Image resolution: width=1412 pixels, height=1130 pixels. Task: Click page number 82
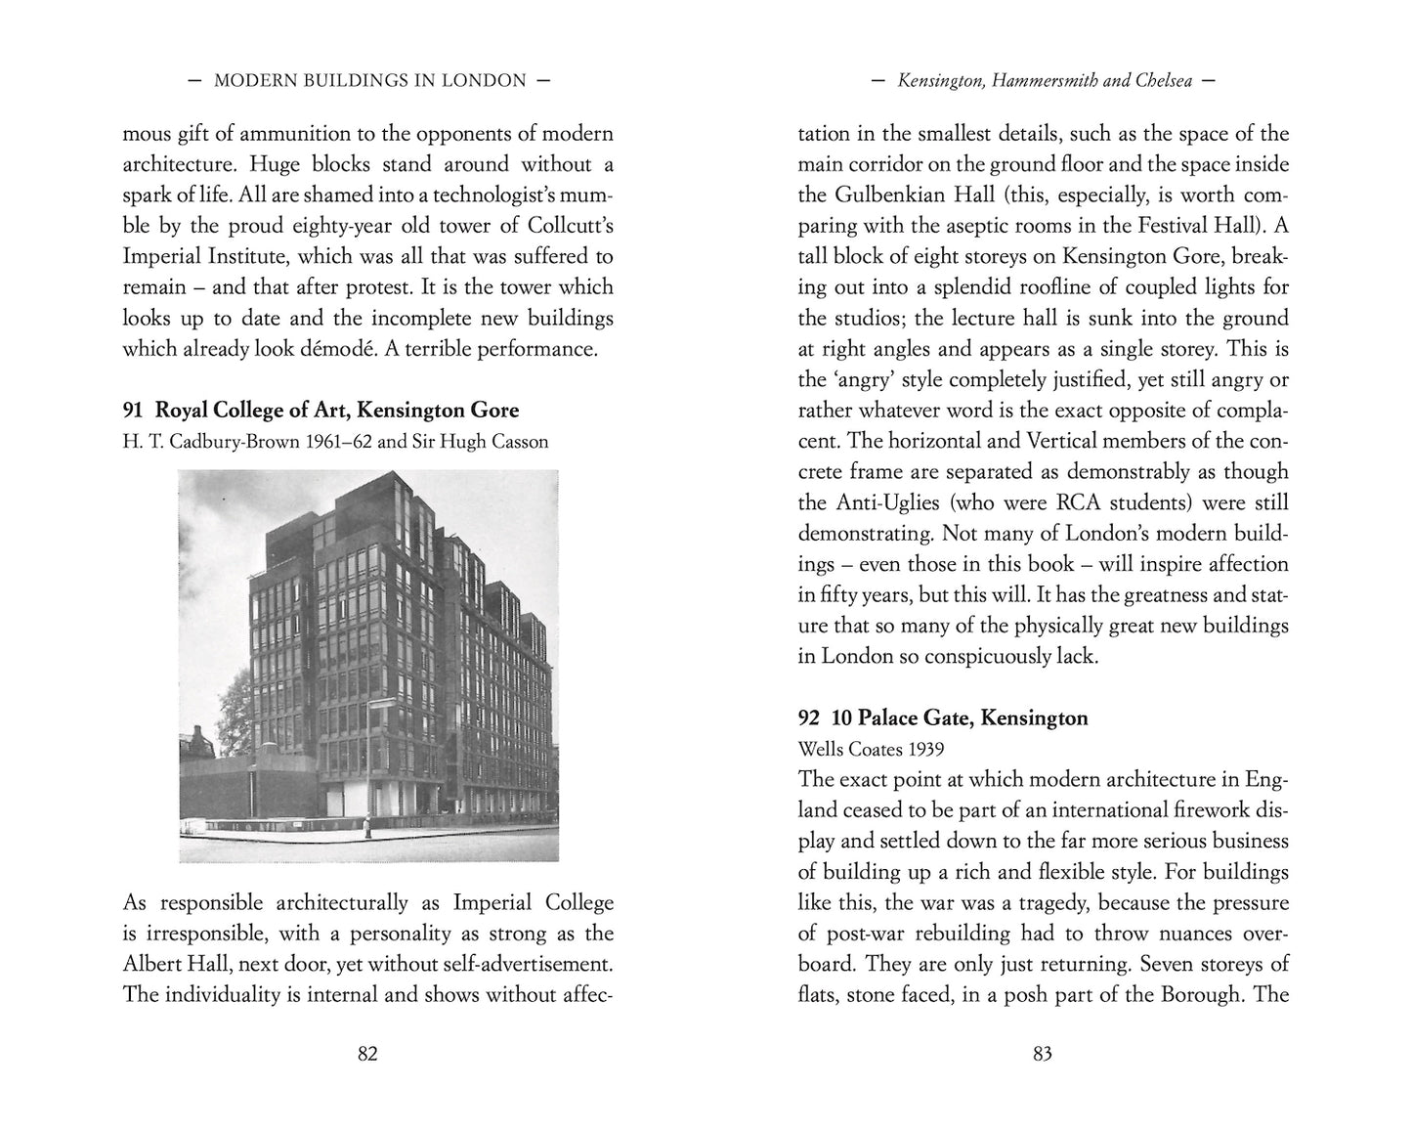(x=367, y=1054)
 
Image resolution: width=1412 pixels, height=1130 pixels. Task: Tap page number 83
(x=1042, y=1054)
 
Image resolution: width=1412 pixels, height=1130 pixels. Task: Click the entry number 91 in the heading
(x=134, y=410)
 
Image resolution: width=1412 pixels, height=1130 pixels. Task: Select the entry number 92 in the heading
(x=809, y=717)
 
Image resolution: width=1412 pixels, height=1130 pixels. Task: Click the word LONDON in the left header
(x=485, y=81)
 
